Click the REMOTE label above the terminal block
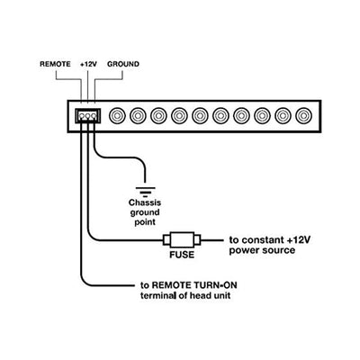(x=55, y=64)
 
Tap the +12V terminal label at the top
(x=88, y=64)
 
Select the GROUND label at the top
(x=123, y=64)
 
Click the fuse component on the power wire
(x=182, y=240)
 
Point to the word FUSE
(x=182, y=255)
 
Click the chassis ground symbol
(x=146, y=192)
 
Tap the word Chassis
(x=145, y=202)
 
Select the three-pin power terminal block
(x=88, y=115)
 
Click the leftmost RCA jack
(x=117, y=115)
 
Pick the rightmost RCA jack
(x=304, y=115)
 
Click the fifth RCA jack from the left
(x=200, y=115)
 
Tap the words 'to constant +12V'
(x=270, y=240)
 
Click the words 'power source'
(x=262, y=250)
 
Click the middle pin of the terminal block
(x=88, y=116)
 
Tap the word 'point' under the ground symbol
(x=145, y=222)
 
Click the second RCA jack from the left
(x=138, y=115)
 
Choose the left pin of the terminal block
(x=82, y=116)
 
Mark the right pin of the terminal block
(x=94, y=116)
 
